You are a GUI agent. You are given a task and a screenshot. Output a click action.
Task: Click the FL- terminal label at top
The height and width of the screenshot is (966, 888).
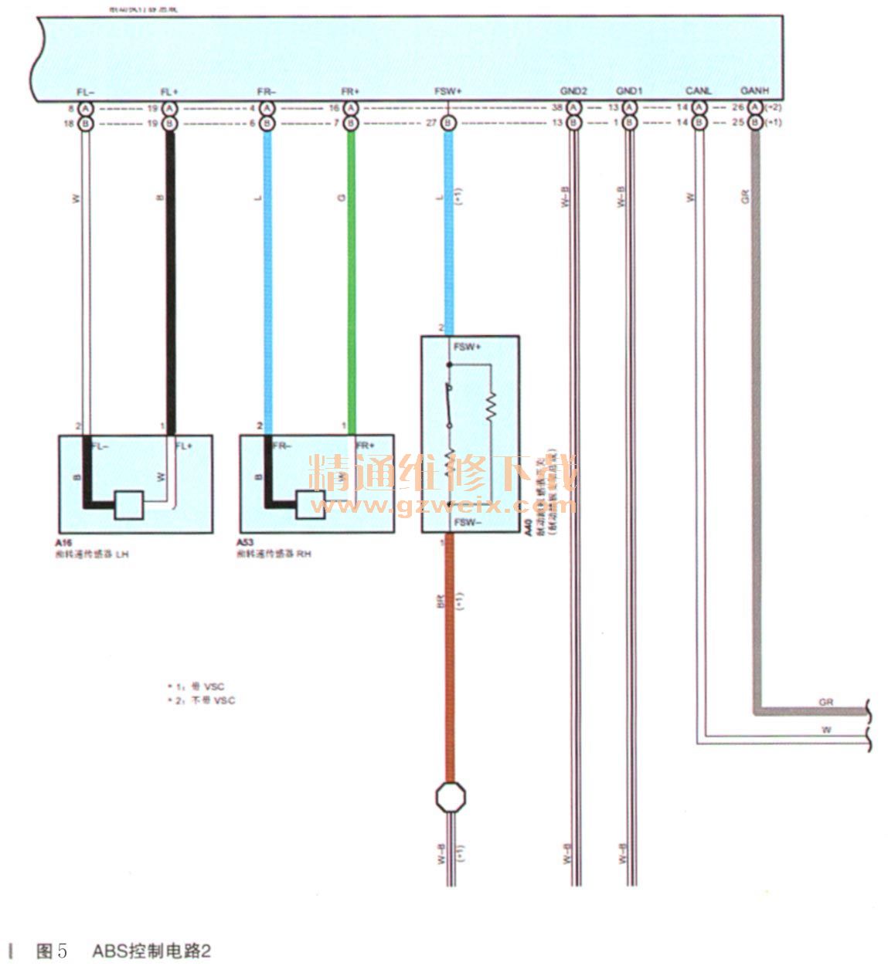pos(86,92)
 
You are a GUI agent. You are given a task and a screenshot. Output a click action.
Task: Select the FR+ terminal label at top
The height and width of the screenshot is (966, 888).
pos(350,92)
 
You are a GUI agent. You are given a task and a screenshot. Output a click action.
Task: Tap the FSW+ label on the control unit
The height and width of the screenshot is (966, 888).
pos(448,92)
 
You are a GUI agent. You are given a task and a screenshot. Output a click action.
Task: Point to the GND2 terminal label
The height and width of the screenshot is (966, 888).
pos(574,92)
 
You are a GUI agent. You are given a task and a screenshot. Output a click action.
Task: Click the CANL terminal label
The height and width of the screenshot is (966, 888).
pos(699,92)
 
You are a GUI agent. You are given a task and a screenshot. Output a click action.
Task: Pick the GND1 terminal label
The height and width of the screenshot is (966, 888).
pos(629,92)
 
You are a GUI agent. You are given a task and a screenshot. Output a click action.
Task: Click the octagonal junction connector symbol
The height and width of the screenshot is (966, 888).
pos(450,797)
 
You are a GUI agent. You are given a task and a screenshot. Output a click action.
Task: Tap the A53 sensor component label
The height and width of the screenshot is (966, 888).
pos(246,543)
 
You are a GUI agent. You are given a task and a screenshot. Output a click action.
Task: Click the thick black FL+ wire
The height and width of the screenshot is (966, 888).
pos(170,278)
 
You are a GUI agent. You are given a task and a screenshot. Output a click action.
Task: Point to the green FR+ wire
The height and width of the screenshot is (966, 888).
pos(351,278)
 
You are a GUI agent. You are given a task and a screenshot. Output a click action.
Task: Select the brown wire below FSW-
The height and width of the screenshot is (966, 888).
pos(449,656)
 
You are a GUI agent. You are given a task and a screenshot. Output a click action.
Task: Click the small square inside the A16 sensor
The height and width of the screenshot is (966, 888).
pos(128,506)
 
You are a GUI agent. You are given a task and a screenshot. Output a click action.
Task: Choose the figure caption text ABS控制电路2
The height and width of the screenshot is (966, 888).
pos(151,951)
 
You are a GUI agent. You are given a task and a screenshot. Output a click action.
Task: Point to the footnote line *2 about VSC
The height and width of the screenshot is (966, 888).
pos(202,700)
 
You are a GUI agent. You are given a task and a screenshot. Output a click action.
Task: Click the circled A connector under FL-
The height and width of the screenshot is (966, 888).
pos(86,108)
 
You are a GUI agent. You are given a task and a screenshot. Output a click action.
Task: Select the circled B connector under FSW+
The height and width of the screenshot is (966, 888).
pos(448,124)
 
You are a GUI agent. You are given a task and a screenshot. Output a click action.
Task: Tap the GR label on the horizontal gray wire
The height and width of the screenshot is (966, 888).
pos(826,702)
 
